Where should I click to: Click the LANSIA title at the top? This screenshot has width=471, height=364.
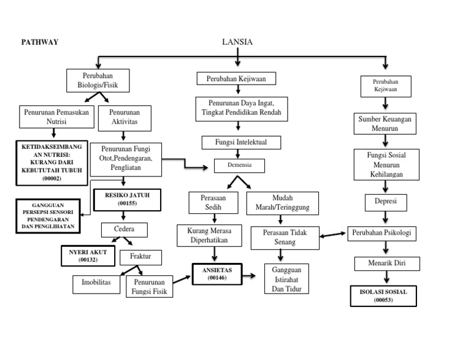237,42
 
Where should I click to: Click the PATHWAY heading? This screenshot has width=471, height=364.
40,42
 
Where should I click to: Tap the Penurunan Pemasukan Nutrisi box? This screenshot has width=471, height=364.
54,117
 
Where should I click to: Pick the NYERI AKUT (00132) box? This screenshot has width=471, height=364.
88,256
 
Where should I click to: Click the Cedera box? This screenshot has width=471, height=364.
125,230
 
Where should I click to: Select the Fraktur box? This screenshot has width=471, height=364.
140,256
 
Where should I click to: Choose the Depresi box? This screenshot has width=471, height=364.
386,201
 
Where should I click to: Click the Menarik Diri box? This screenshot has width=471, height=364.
387,264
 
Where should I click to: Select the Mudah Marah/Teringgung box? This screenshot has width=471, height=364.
282,203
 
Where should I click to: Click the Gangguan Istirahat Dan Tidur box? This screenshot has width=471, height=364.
286,279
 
